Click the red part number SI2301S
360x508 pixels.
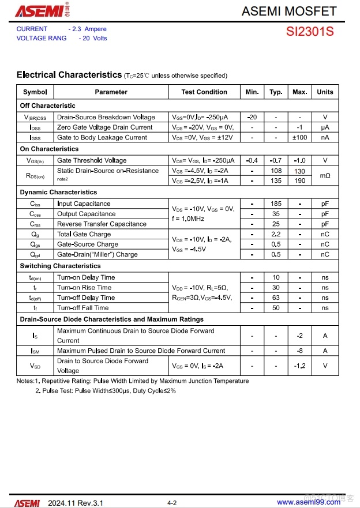coord(310,32)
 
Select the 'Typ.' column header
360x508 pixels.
coord(276,92)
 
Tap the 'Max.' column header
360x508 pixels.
coord(300,92)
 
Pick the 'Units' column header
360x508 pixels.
coord(325,92)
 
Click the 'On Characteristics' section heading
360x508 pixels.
coord(49,149)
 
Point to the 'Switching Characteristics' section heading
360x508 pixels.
coord(60,266)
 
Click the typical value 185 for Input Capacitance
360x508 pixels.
coord(276,204)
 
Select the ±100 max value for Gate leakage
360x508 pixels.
coord(300,137)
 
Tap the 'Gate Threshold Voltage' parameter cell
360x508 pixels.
coord(92,160)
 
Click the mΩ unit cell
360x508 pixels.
coord(325,175)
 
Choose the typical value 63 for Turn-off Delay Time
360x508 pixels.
coord(276,298)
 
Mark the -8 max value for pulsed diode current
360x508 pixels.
coord(300,351)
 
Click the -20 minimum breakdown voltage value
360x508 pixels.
coord(252,117)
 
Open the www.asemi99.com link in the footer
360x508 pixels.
coord(309,502)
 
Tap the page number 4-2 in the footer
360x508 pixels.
coord(172,503)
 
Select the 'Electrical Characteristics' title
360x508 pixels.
coord(69,75)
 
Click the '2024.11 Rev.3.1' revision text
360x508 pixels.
coord(76,502)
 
